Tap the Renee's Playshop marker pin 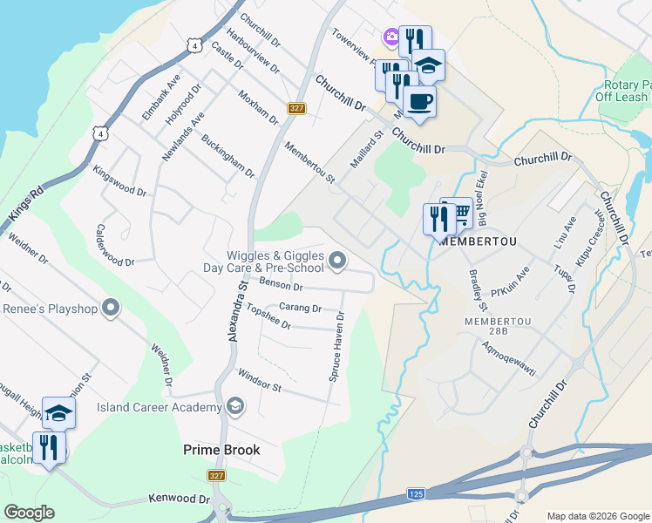point(110,307)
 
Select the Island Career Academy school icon point(234,406)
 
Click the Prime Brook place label point(221,450)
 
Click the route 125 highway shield point(416,494)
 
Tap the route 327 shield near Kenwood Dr point(217,475)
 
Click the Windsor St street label point(260,382)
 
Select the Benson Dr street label point(281,286)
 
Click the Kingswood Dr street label point(119,180)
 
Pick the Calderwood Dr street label point(115,245)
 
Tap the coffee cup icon point(419,100)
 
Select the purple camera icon point(391,36)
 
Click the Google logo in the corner point(29,513)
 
